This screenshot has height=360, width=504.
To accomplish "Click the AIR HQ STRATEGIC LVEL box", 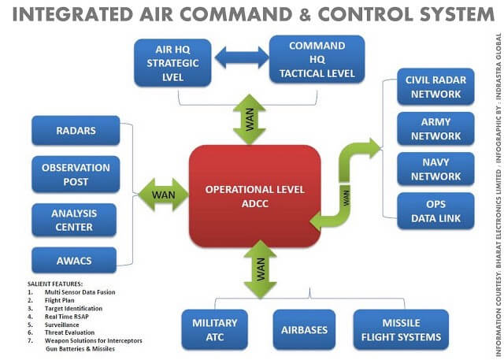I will tap(172, 61).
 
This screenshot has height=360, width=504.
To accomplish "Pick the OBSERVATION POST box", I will tap(76, 174).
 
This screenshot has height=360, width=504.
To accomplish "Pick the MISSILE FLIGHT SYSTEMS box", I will tap(401, 329).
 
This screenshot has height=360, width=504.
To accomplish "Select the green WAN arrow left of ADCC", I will tap(164, 194).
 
